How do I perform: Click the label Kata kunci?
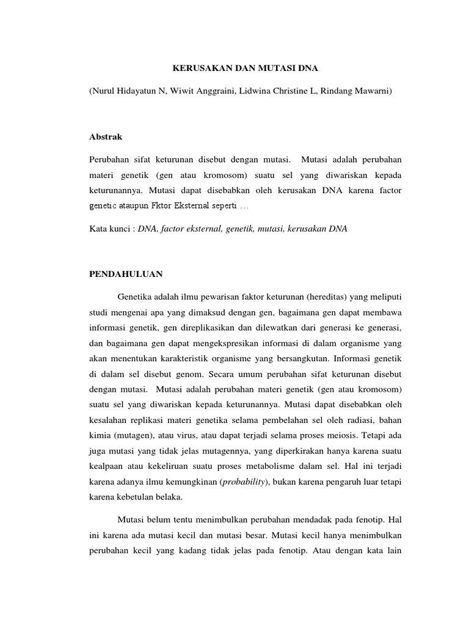pyautogui.click(x=110, y=227)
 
